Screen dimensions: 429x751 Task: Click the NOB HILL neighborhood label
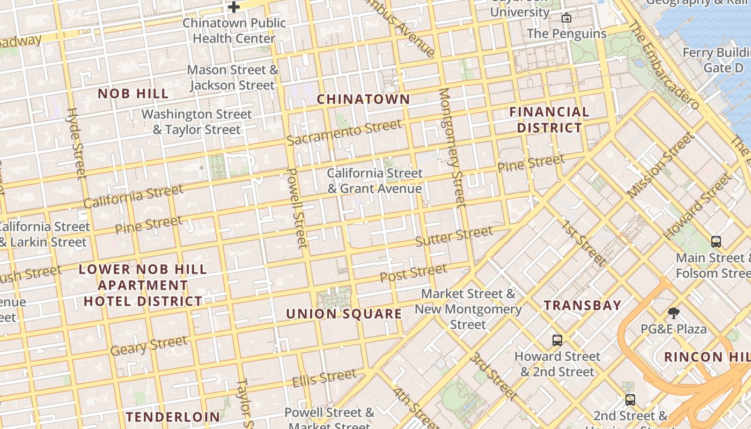[x=133, y=93]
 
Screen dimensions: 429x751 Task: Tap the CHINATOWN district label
[x=363, y=99]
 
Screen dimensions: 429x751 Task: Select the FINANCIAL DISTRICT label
[x=549, y=120]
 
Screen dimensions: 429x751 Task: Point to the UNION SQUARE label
[x=344, y=314]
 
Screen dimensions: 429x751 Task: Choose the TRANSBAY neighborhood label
[x=583, y=306]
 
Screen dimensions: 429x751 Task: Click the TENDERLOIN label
[x=173, y=417]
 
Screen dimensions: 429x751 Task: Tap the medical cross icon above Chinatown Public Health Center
[x=234, y=7]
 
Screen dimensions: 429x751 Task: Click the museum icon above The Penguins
[x=566, y=18]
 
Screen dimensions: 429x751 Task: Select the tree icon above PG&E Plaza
[x=674, y=313]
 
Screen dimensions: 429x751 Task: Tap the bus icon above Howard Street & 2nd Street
[x=557, y=340]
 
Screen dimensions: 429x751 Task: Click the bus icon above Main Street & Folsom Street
[x=716, y=241]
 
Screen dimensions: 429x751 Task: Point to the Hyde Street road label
[x=76, y=143]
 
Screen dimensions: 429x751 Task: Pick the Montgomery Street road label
[x=452, y=147]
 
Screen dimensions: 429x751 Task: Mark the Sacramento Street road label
[x=344, y=132]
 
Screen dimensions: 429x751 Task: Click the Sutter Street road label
[x=454, y=236]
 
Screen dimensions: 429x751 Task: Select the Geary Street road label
[x=149, y=345]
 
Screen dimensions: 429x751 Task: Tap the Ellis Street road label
[x=324, y=378]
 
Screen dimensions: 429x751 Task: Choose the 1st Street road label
[x=584, y=243]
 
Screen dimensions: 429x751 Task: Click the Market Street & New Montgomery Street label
[x=468, y=309]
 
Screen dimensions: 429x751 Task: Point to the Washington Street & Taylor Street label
[x=196, y=122]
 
